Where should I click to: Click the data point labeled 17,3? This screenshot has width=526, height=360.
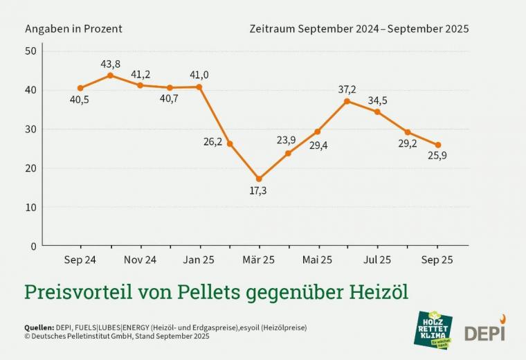[259, 179]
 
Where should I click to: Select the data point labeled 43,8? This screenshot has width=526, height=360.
[110, 75]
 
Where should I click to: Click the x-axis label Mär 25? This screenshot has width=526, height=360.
[259, 260]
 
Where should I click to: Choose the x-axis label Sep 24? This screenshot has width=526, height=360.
[80, 260]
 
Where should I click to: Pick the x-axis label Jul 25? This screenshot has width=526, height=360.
[377, 260]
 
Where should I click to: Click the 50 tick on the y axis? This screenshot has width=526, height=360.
[31, 51]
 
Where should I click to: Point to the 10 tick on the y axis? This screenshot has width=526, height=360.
[31, 207]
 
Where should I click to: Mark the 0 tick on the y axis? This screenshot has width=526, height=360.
[33, 246]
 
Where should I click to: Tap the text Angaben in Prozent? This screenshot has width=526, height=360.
[73, 29]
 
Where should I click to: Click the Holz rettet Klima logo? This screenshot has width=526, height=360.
[433, 329]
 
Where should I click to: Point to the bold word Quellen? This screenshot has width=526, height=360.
[39, 327]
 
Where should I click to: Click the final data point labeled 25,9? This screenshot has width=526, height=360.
[437, 145]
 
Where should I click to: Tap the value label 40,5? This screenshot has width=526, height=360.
[80, 100]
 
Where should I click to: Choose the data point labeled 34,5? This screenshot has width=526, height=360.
[377, 111]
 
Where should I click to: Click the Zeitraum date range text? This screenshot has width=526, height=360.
[359, 29]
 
